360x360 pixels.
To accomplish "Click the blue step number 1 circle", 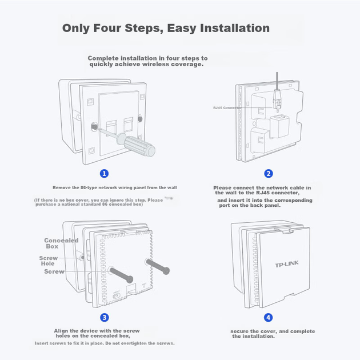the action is [x=104, y=174].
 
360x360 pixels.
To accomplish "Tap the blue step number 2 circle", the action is [x=269, y=174].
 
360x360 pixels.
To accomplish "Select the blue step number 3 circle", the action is [x=105, y=318].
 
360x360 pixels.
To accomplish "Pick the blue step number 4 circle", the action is [x=268, y=318].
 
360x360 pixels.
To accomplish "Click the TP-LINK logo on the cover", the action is [x=287, y=264].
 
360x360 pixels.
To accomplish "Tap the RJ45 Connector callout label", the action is [x=227, y=107].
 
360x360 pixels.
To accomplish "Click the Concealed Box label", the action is [x=61, y=243].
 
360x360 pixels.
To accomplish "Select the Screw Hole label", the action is [x=48, y=261].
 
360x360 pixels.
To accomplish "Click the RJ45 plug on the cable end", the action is [x=277, y=99].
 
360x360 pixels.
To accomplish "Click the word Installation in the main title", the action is [x=235, y=28].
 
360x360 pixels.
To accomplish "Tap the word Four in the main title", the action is [x=107, y=28].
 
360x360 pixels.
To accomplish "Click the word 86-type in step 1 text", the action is [x=89, y=187].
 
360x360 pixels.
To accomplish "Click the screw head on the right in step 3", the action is [x=166, y=271].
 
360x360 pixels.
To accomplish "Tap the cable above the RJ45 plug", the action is [x=277, y=81].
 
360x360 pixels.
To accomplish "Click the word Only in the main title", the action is [x=76, y=29].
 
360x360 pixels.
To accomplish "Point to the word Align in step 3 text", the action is [x=61, y=331].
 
